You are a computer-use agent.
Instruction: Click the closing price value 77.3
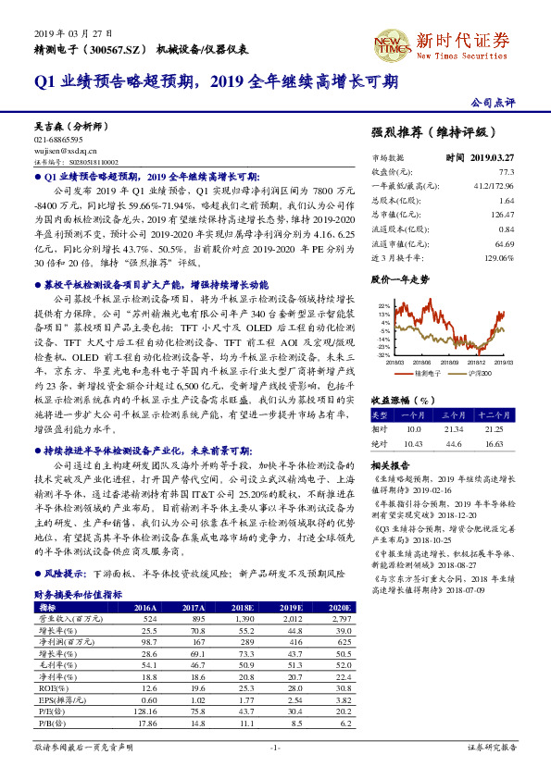pyautogui.click(x=506, y=172)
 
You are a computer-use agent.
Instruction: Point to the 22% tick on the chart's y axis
pyautogui.click(x=383, y=304)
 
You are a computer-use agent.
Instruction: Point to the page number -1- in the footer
pyautogui.click(x=275, y=746)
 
